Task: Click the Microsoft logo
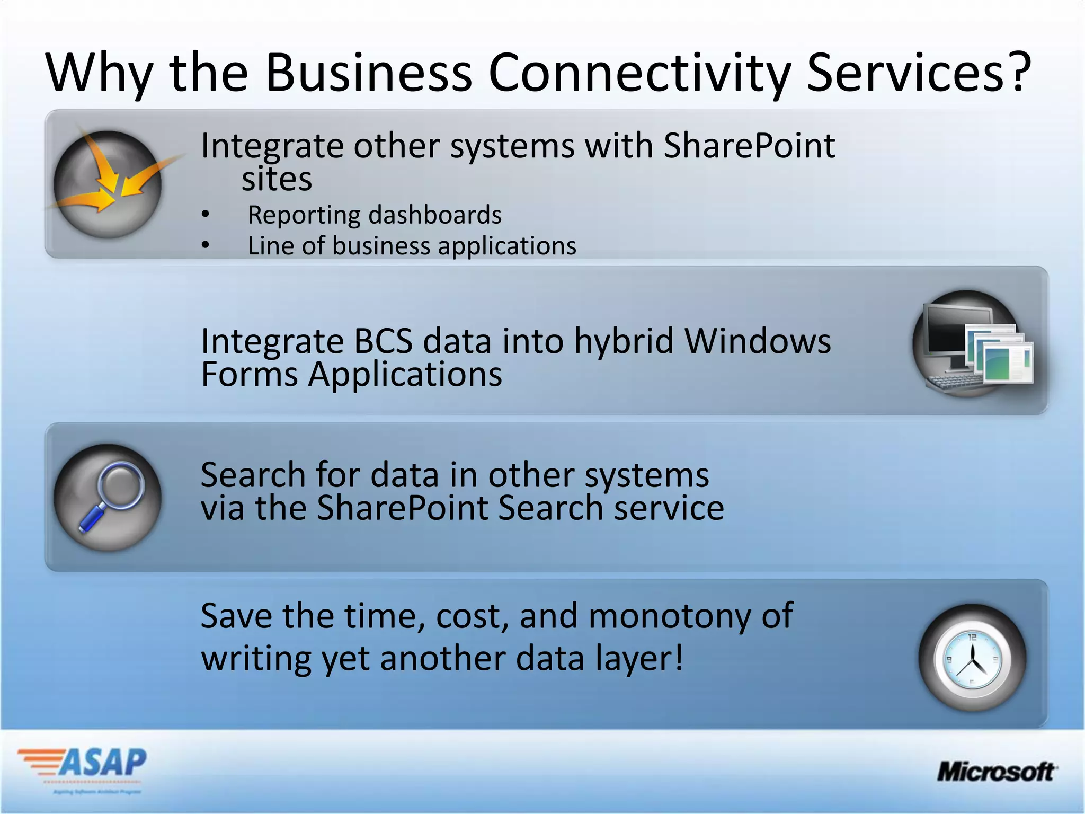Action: point(996,772)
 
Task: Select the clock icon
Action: point(972,659)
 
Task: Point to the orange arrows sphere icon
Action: point(108,183)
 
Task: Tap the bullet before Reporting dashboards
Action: point(206,215)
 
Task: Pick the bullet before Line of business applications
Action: point(206,245)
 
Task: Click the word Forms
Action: point(250,374)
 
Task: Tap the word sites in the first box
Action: point(277,179)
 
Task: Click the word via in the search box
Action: point(222,508)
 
